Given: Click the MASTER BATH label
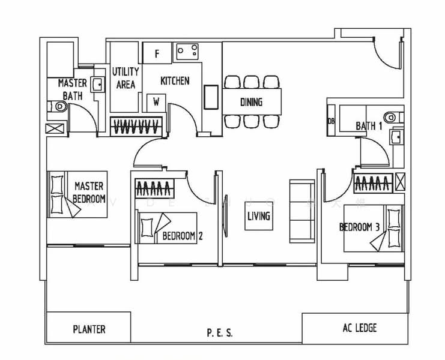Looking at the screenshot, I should (72, 88).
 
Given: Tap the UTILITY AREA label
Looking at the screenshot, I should (126, 79).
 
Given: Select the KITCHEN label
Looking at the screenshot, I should (175, 80).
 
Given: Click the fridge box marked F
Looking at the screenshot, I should (157, 53).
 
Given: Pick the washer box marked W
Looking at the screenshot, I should (156, 101).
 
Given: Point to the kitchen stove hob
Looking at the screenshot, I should (189, 52).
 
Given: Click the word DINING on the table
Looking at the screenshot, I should (251, 102).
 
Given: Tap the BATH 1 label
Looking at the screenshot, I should (369, 126).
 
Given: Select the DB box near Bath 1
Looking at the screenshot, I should (330, 120).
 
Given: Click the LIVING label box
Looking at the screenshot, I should (258, 216).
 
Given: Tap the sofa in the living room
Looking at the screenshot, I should (300, 211).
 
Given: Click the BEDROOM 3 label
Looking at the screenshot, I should (359, 227).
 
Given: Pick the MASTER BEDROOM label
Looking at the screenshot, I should (89, 193).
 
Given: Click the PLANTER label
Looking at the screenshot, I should (89, 329).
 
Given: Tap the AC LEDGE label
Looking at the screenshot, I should (359, 328).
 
